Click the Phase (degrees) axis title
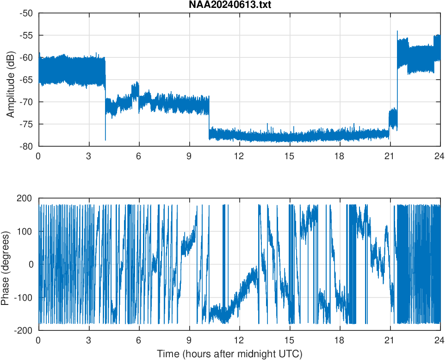point(6,264)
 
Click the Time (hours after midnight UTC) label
point(229,354)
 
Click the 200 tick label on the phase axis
point(25,199)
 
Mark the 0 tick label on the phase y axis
point(31,264)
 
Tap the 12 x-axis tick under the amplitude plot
point(239,156)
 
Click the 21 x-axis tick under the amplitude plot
point(390,156)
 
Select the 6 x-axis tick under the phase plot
point(139,340)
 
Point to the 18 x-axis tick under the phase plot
point(340,340)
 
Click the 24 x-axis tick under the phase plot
point(440,340)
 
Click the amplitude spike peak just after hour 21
point(397,31)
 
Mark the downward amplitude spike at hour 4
point(105,139)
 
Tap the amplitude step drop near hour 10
point(209,113)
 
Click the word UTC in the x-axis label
point(290,354)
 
